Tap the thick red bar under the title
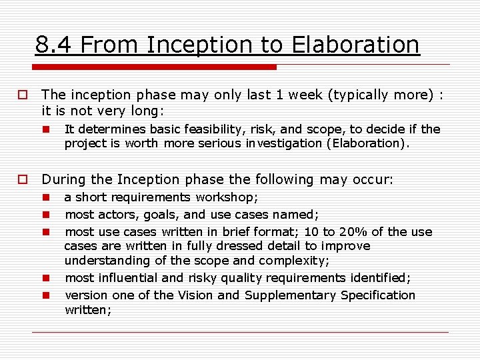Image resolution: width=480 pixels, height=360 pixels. (x=154, y=67)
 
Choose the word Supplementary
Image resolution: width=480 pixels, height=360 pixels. (x=289, y=295)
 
